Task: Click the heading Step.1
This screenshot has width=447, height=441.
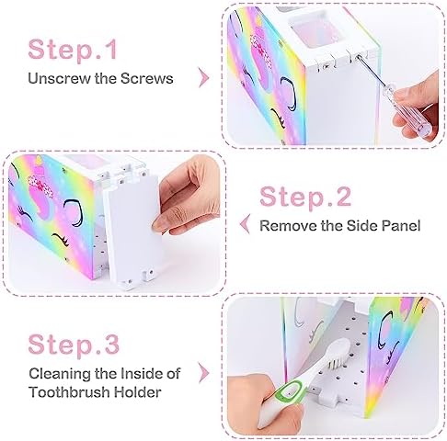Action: click(73, 49)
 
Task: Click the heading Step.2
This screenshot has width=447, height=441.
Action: click(305, 197)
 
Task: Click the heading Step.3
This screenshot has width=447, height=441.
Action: click(74, 344)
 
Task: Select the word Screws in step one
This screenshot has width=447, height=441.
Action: click(146, 78)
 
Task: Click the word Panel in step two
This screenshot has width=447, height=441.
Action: click(401, 226)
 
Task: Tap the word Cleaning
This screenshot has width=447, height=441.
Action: click(60, 374)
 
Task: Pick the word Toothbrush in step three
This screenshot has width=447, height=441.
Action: click(69, 392)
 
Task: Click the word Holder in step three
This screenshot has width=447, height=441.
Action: click(137, 392)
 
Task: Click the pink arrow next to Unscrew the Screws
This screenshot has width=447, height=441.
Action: click(203, 77)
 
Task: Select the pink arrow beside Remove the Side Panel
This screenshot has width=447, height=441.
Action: click(246, 224)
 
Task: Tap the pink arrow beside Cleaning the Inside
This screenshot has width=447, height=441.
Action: click(204, 373)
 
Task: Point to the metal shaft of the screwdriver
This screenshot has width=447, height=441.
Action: click(374, 73)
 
